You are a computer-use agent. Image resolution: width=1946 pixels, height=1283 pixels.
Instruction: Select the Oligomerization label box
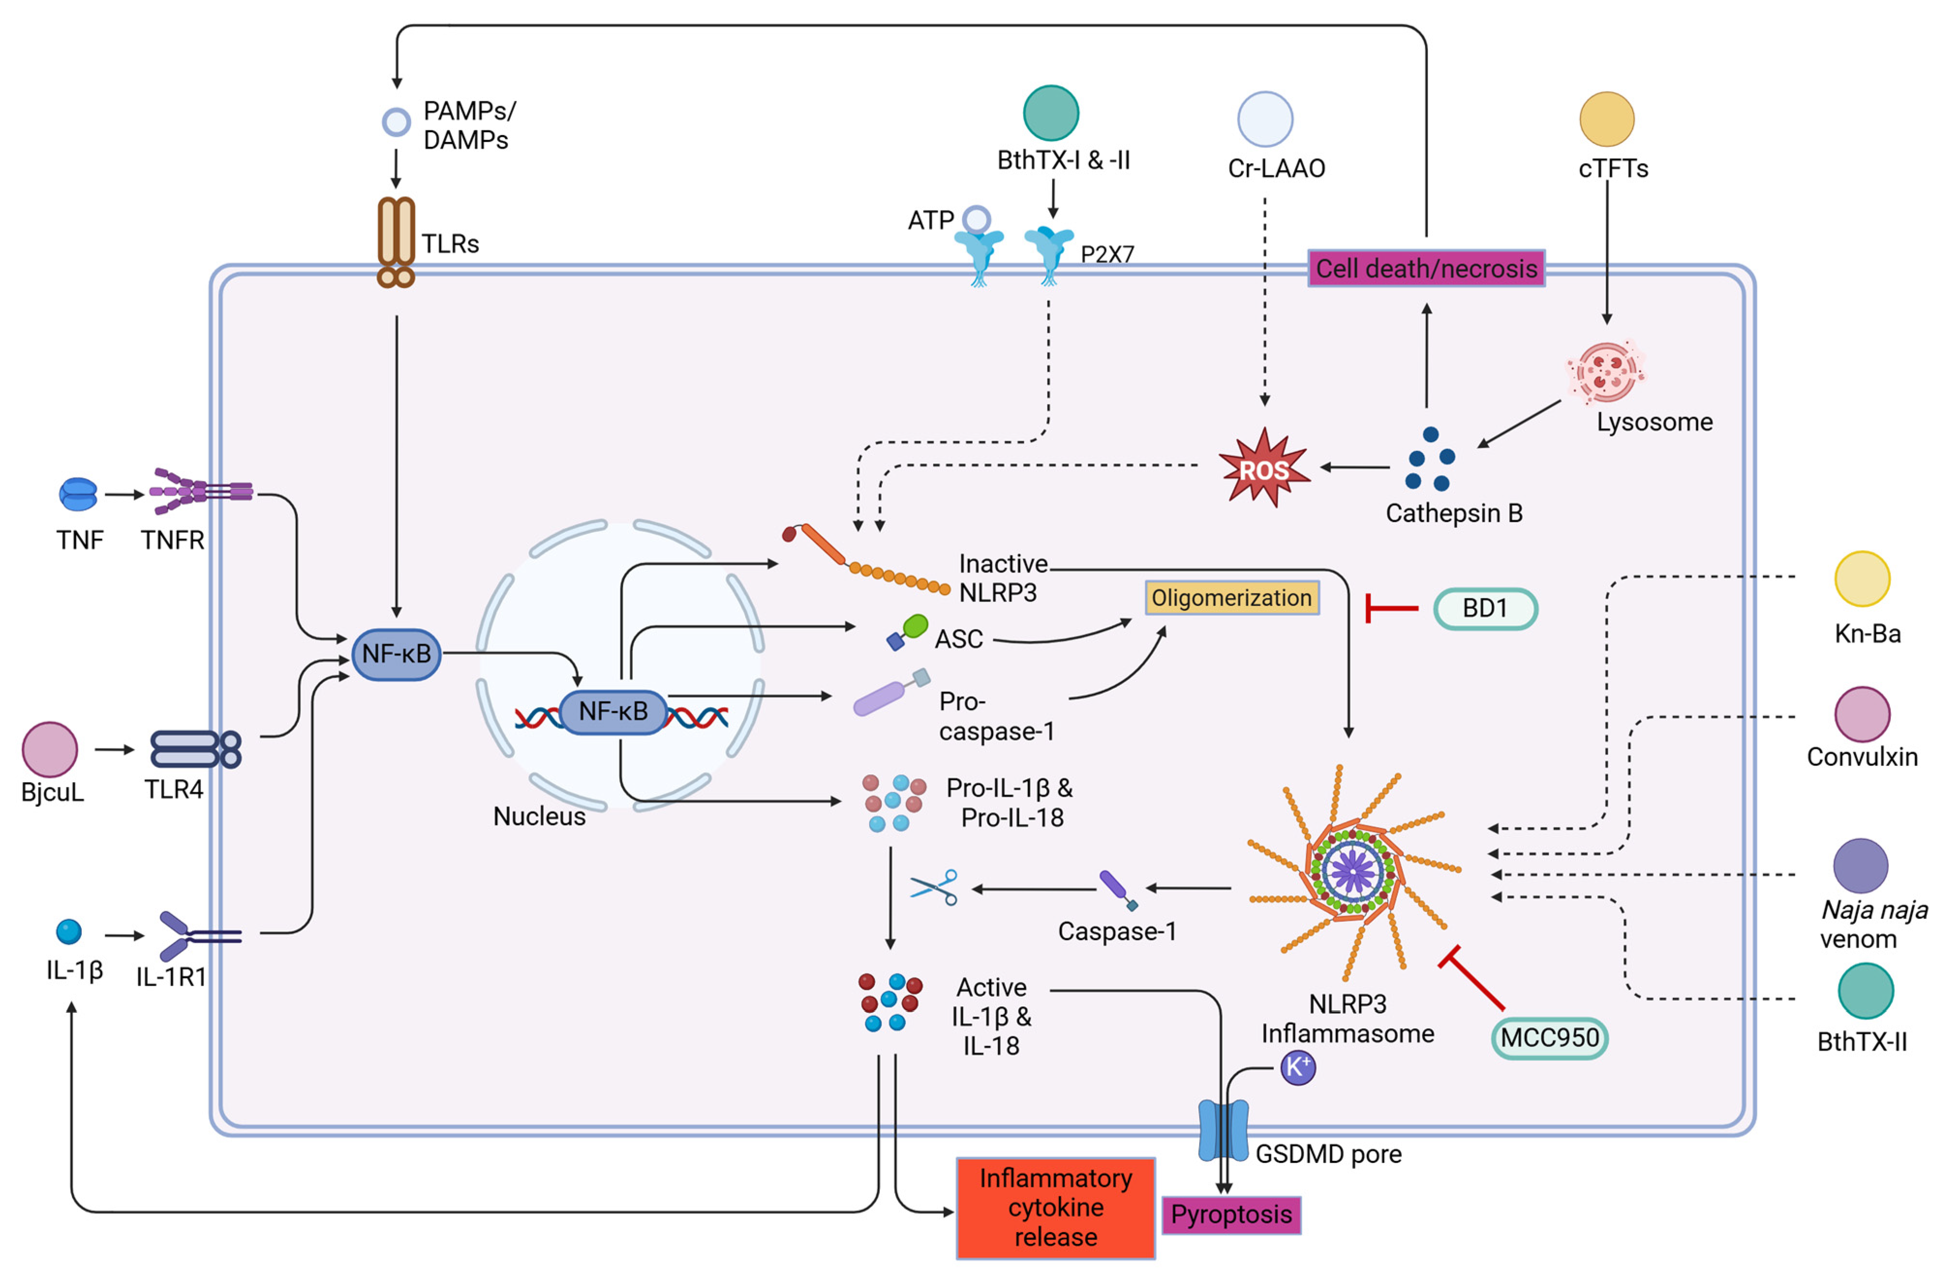(1231, 598)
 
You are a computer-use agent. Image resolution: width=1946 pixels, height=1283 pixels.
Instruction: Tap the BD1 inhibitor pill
(1485, 609)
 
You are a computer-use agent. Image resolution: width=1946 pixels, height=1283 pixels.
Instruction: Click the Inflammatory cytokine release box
(1055, 1208)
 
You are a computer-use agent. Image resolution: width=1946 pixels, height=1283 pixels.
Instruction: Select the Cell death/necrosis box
(1426, 268)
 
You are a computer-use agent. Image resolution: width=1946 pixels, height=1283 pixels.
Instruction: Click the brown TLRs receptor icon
(396, 241)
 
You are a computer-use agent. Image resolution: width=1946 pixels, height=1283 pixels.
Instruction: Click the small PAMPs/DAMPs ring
(396, 122)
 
